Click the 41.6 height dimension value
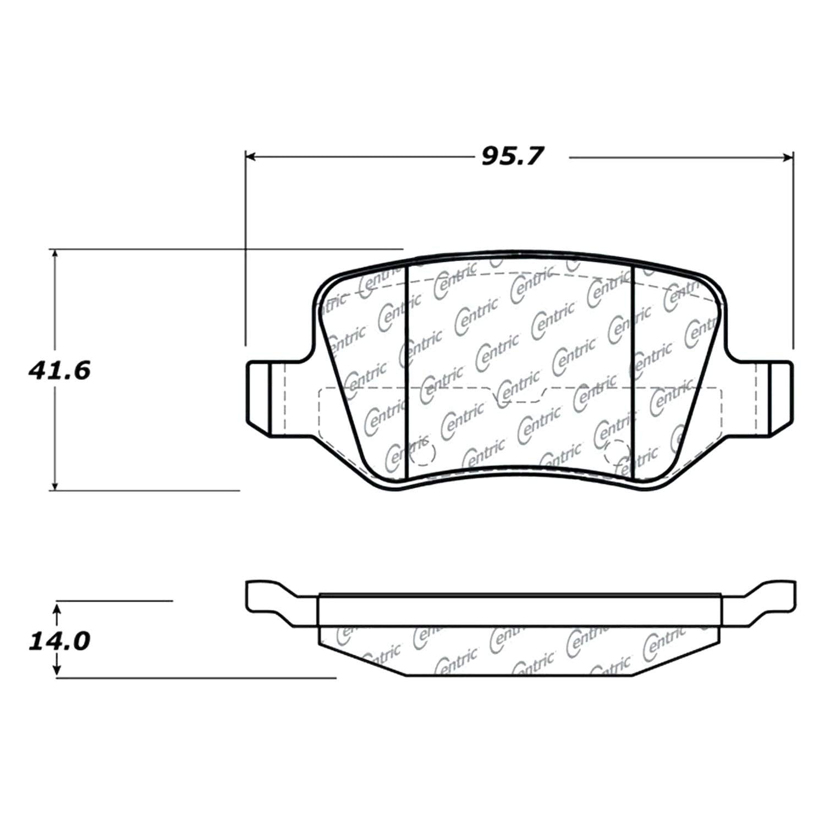point(59,371)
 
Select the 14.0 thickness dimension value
point(59,641)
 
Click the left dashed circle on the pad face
point(424,453)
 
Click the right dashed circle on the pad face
point(616,453)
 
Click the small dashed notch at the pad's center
point(517,395)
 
